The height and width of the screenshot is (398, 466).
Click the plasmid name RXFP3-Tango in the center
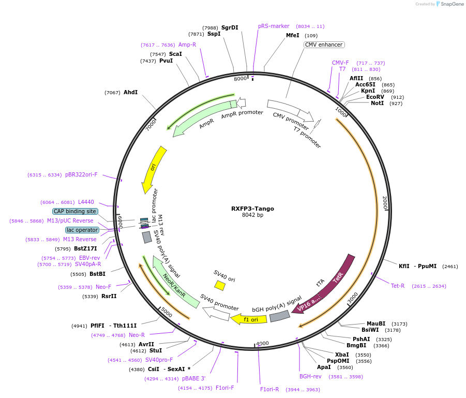[252, 209]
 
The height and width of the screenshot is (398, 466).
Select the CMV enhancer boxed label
[324, 45]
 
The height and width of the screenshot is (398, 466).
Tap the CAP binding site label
[75, 211]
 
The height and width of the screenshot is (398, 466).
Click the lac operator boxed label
[82, 230]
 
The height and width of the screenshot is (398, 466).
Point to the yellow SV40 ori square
[220, 285]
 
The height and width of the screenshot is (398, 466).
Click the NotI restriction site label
[378, 104]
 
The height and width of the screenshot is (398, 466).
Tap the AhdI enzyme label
[130, 92]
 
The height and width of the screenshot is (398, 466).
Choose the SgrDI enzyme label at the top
[230, 27]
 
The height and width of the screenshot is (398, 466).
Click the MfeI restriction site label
[293, 36]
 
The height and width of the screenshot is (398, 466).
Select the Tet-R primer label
[398, 286]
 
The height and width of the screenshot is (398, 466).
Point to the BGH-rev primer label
[310, 376]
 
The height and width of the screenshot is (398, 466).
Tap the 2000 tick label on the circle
[384, 203]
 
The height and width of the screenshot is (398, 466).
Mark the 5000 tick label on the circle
[167, 312]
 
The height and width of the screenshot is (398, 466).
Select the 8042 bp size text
[252, 215]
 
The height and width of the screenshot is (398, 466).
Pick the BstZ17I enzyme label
[85, 248]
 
